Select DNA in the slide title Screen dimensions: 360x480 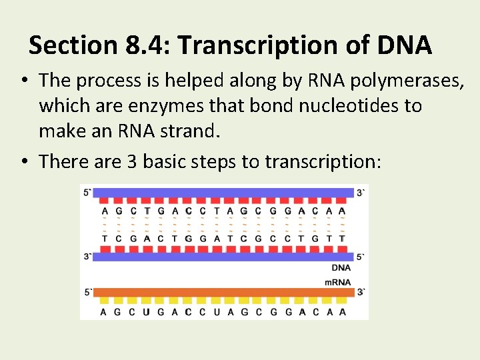404,46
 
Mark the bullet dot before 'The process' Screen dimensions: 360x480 23,81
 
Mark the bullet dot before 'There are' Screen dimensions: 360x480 23,161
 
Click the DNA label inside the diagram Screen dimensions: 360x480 341,267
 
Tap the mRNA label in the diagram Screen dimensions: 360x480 337,282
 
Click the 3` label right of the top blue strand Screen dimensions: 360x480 361,193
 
